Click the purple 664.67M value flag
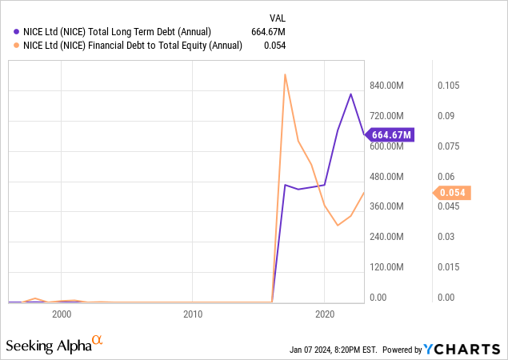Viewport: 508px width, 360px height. [x=391, y=134]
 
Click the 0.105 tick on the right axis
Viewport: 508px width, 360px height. [x=448, y=86]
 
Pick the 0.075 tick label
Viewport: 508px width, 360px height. [x=448, y=146]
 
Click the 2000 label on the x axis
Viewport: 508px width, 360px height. [x=62, y=314]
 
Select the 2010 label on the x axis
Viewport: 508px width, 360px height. [x=193, y=314]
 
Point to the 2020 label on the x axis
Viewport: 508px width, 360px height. [x=325, y=314]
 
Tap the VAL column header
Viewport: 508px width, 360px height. [x=276, y=16]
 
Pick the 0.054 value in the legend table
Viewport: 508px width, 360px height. [x=274, y=46]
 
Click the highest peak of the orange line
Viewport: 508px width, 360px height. [x=285, y=74]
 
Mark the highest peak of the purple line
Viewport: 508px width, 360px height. [x=350, y=94]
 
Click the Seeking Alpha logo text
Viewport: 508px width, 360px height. [x=49, y=346]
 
